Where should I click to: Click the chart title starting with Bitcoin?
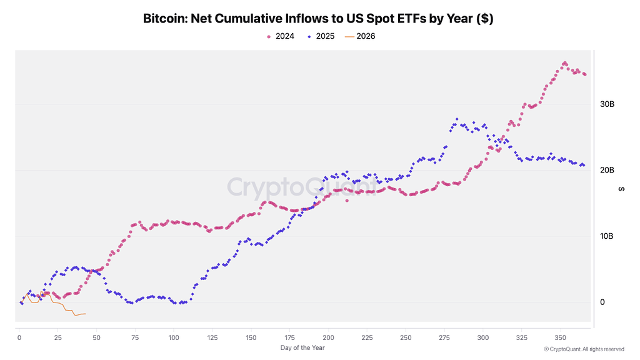click(318, 19)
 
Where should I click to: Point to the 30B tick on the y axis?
click(607, 104)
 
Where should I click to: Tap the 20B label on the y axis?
click(607, 170)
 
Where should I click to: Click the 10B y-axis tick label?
click(607, 236)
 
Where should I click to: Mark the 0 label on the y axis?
click(603, 302)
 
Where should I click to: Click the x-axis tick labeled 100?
click(174, 337)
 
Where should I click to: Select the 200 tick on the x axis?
click(328, 337)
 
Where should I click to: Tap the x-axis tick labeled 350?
click(560, 337)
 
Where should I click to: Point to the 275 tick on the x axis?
click(444, 337)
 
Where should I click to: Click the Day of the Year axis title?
click(302, 348)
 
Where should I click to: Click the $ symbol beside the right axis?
click(621, 189)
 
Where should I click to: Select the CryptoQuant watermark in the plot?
click(302, 186)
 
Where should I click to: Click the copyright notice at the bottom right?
click(584, 349)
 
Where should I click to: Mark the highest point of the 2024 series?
click(564, 63)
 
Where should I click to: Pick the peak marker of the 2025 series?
click(457, 119)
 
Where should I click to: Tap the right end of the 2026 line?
click(85, 314)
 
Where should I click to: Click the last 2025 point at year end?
click(584, 166)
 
